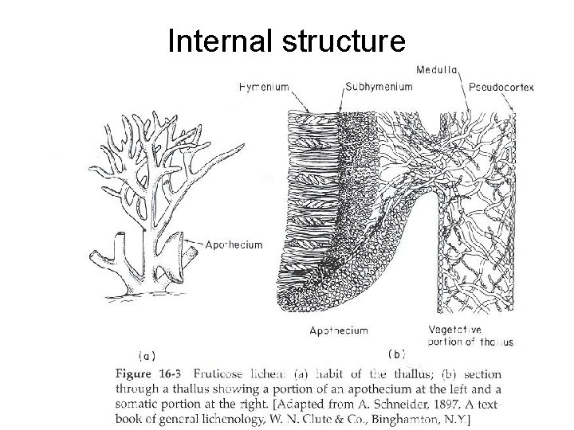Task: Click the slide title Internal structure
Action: (x=286, y=41)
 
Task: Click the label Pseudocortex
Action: (x=502, y=85)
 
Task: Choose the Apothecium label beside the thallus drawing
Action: (x=234, y=245)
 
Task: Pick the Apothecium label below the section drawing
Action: (x=340, y=330)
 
